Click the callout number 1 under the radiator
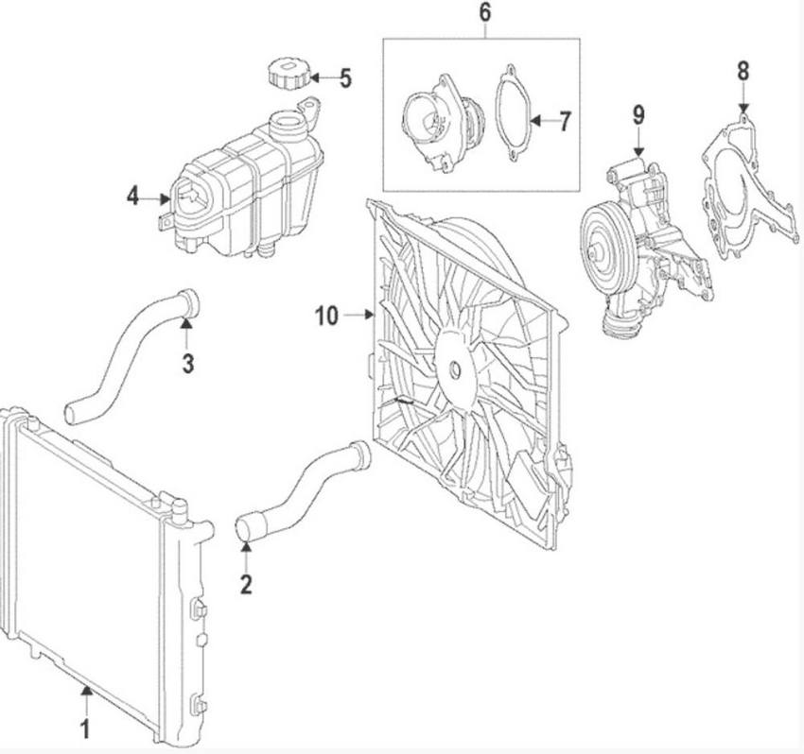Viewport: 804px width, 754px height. (x=85, y=728)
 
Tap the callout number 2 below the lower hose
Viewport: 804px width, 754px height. (x=246, y=584)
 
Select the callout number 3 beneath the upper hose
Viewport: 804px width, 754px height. (x=188, y=362)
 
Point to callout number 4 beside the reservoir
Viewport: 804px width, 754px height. (x=132, y=197)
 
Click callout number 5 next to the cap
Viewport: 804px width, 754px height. (x=345, y=77)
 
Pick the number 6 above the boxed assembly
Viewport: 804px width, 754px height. (x=484, y=13)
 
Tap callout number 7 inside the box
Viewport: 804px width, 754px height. (x=565, y=121)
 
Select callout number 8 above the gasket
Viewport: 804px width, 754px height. (x=743, y=70)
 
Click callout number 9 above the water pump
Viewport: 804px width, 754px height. (x=638, y=115)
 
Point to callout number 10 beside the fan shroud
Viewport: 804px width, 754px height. (x=326, y=316)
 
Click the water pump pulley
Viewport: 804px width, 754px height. (x=601, y=249)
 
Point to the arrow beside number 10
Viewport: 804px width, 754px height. (x=358, y=316)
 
